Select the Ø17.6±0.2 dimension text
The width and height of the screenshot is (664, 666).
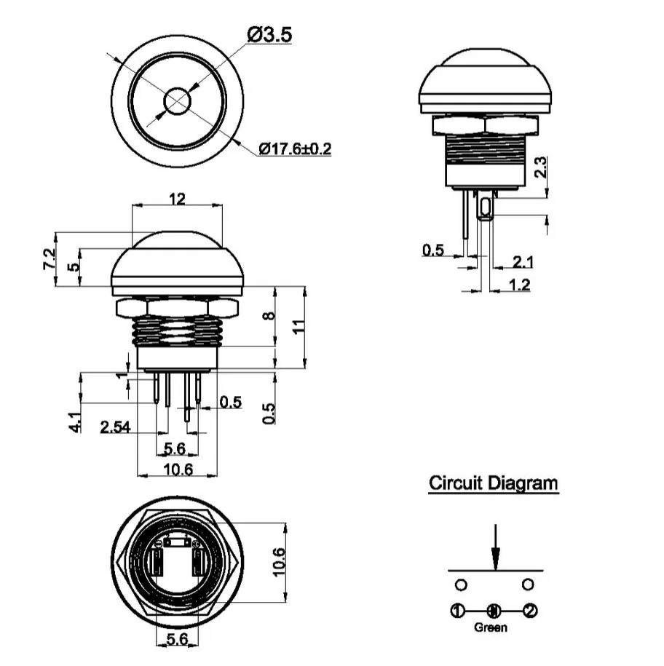pos(295,148)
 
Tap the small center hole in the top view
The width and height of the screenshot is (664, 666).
pos(177,102)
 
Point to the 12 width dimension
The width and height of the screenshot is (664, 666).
pos(177,198)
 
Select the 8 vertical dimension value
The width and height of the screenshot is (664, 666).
pos(270,317)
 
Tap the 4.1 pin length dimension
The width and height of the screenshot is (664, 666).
pos(75,422)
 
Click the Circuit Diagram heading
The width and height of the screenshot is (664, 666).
pos(493,483)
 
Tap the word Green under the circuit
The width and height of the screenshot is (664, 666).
pos(490,627)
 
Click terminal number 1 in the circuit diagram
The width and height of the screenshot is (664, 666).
pos(456,611)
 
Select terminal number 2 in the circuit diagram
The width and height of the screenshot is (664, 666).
pos(531,611)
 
